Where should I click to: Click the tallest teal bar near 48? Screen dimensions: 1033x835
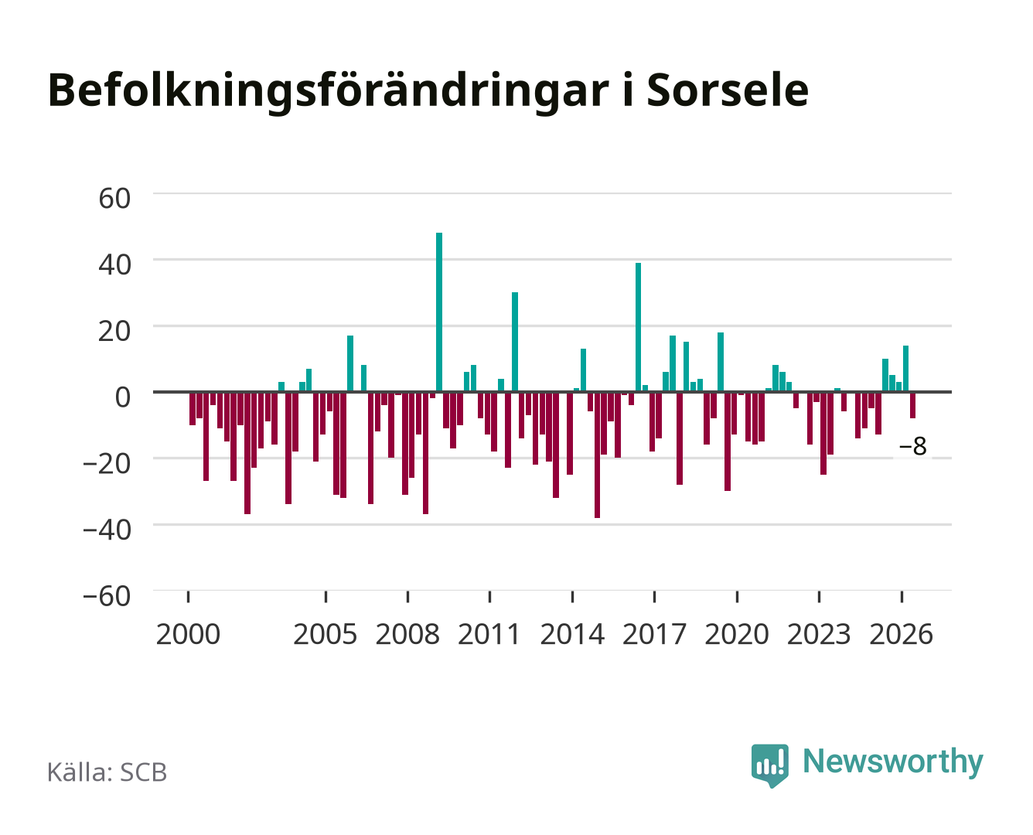(x=439, y=312)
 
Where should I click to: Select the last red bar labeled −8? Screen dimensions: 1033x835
(x=912, y=405)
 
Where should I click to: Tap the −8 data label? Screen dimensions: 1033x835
(x=912, y=446)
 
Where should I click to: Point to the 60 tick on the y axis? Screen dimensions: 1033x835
(x=114, y=199)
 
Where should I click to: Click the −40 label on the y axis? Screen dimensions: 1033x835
(x=107, y=530)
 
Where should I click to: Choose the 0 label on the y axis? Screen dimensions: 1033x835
(x=123, y=397)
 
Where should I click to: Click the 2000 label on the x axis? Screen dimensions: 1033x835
(x=188, y=634)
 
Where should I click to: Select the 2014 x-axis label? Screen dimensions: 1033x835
(x=572, y=634)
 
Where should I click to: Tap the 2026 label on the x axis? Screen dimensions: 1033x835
(x=901, y=634)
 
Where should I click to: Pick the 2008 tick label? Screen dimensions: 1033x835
(x=407, y=634)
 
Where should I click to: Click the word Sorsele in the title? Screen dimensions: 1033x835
(x=728, y=90)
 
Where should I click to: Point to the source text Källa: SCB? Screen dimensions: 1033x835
(x=107, y=772)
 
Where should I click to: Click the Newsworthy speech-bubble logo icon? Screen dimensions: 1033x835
(x=769, y=765)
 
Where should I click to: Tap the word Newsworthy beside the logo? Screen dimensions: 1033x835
(x=893, y=762)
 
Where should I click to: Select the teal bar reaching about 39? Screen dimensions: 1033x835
(x=638, y=327)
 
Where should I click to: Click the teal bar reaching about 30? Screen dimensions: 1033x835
(x=515, y=342)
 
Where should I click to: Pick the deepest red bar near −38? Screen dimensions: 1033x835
(x=597, y=455)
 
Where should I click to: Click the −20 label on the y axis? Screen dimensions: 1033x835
(x=107, y=464)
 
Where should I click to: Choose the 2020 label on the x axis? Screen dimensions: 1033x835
(x=737, y=634)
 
